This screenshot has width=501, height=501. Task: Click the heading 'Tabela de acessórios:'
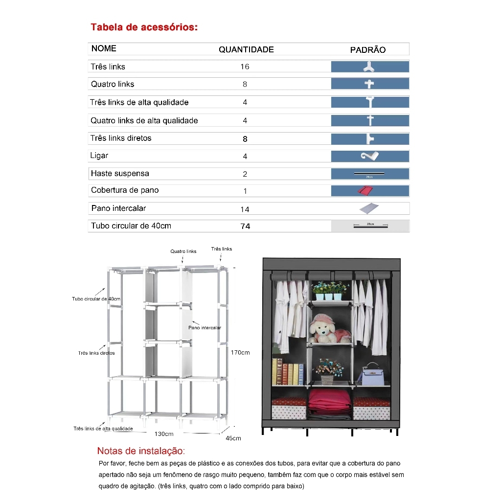click(x=144, y=27)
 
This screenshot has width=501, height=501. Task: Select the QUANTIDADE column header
click(x=246, y=49)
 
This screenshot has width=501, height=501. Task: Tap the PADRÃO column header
click(x=368, y=50)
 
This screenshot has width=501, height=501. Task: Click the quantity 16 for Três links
click(x=245, y=67)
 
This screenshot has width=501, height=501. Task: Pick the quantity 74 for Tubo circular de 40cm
click(x=245, y=226)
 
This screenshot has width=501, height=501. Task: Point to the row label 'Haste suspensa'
click(x=120, y=173)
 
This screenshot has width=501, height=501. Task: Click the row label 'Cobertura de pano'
click(x=125, y=190)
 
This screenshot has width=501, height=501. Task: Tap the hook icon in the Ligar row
click(x=370, y=156)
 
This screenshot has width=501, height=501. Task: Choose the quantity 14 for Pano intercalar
click(x=245, y=209)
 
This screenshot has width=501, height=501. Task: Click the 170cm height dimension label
click(x=240, y=352)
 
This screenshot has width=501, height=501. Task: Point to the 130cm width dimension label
click(x=164, y=434)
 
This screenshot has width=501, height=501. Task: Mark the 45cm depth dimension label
click(x=233, y=438)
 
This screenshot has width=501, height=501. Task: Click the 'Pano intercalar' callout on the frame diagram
click(x=205, y=327)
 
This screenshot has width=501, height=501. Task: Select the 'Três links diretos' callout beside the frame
click(x=96, y=353)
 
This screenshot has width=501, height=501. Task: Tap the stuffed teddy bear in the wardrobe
click(x=325, y=329)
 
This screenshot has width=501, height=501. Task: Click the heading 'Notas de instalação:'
click(x=141, y=451)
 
